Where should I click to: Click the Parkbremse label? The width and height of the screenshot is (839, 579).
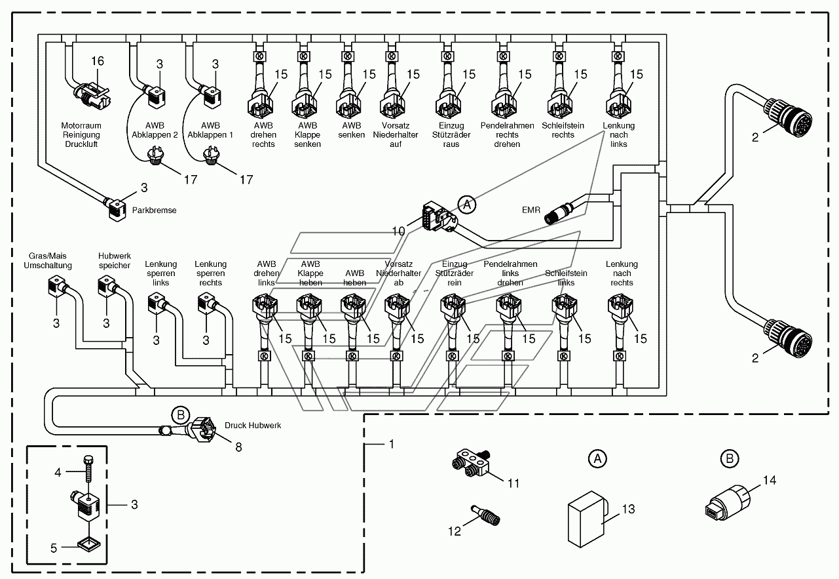(154, 210)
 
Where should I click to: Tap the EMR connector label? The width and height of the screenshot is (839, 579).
(531, 210)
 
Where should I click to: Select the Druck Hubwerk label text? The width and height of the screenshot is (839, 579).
(253, 426)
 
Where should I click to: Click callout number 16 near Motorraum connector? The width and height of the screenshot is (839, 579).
(98, 61)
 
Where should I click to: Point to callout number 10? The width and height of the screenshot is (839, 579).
(398, 231)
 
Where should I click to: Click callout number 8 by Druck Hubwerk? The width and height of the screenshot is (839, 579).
(238, 447)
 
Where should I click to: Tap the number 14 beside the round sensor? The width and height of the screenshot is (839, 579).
(770, 480)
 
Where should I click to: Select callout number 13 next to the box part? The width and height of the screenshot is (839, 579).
(629, 509)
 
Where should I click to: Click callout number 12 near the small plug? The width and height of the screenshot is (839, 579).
(455, 531)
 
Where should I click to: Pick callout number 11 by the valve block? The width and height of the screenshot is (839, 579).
(513, 483)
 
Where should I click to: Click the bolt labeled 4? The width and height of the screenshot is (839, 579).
(89, 469)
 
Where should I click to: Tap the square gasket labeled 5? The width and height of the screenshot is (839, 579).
(89, 546)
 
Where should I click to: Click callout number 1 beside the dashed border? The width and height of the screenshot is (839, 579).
(392, 445)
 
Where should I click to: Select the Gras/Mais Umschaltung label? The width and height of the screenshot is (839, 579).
(48, 260)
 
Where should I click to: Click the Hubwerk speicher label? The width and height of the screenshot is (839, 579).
(114, 260)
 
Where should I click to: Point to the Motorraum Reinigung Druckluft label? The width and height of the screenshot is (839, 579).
(81, 134)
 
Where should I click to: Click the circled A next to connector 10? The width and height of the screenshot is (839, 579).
(467, 205)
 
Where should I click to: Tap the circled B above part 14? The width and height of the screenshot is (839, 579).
(730, 458)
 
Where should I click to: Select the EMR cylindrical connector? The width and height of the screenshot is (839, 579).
(559, 214)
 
